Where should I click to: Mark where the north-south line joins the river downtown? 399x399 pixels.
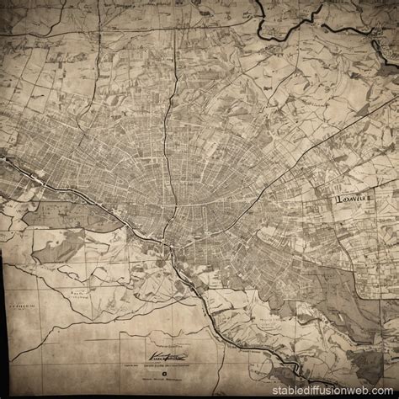coord(174,245)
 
